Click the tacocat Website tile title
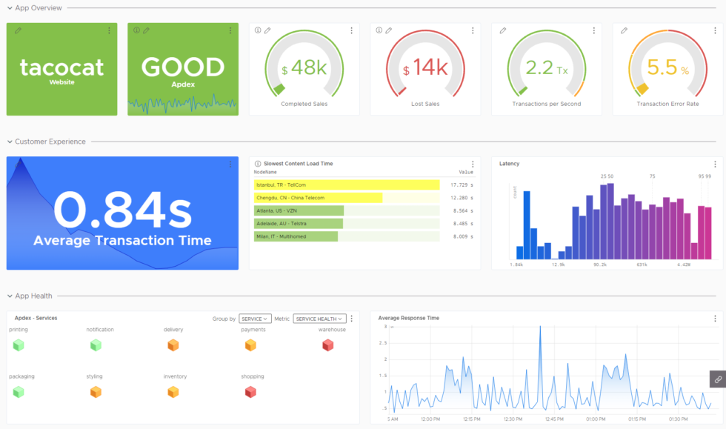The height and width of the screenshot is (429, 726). coord(61,68)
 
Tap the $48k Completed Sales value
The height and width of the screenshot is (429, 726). coord(304,69)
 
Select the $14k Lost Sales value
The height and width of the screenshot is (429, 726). coord(425,69)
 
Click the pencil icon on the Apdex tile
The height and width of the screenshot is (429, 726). coord(146,30)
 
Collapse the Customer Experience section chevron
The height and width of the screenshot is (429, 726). coord(9,142)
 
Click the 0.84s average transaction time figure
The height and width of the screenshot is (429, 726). coord(122,210)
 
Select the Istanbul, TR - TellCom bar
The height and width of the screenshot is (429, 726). coord(346,184)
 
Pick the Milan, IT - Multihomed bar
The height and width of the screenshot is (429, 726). coord(296,236)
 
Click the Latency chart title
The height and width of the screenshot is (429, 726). coord(509,164)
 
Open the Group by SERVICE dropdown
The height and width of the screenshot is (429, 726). coord(255,319)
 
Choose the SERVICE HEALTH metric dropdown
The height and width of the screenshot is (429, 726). coord(319,319)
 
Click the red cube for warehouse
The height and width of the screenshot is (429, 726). coord(328,345)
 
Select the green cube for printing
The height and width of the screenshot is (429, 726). coord(19,345)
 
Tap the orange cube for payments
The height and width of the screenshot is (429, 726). coord(250,345)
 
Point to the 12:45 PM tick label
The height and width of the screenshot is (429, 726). coord(554,419)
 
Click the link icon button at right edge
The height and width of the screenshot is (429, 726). coord(717,379)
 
